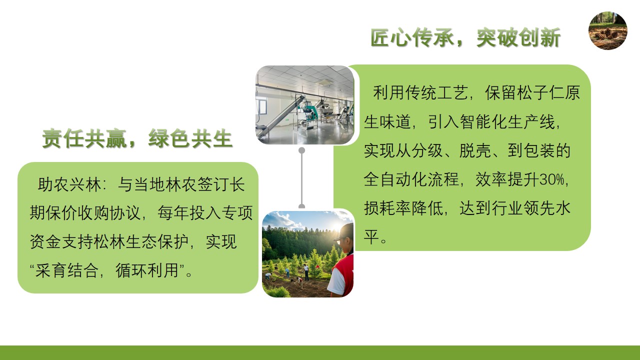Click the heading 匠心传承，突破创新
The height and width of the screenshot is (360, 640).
(465, 37)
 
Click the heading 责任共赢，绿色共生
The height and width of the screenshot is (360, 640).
(137, 138)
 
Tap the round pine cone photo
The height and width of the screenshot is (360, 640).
(608, 30)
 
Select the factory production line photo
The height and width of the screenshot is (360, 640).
(305, 105)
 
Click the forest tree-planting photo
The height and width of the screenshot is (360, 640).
(307, 254)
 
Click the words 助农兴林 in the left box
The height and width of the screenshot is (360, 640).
(69, 184)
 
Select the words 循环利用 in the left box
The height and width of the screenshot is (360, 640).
(147, 270)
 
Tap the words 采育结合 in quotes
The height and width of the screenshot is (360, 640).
(67, 270)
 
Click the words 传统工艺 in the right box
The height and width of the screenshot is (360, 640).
(436, 92)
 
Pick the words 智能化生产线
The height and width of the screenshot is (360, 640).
(507, 121)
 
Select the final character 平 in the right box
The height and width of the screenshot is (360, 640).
(371, 237)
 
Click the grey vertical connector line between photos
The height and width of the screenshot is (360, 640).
(301, 178)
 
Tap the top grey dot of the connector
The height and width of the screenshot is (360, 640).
(301, 150)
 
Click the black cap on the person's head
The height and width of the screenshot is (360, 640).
(344, 231)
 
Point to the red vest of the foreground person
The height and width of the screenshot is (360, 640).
(344, 274)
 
